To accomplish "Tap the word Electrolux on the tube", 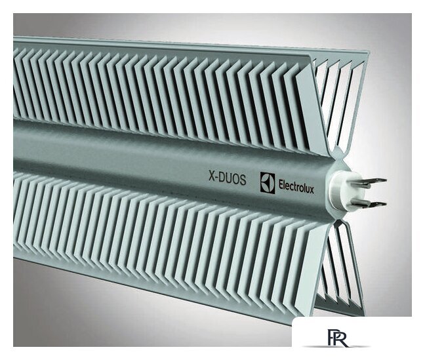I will coord(296,186).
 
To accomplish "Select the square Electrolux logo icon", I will coord(267,182).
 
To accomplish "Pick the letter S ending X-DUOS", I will coord(243,180).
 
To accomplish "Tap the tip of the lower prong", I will coord(384,204).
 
